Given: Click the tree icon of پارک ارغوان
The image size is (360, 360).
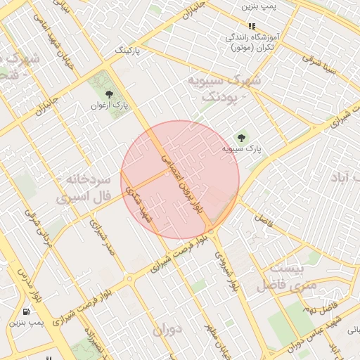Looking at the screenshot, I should [x=108, y=94].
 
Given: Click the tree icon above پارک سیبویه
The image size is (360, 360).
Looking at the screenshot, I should [x=242, y=138].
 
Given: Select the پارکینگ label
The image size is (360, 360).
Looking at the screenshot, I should [x=128, y=51].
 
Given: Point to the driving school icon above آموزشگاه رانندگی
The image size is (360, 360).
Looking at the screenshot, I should [x=252, y=27].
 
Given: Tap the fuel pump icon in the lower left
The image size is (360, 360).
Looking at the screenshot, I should [x=27, y=311].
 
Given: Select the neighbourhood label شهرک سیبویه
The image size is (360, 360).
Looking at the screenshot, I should [x=224, y=89].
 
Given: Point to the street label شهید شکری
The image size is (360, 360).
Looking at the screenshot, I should [x=139, y=203].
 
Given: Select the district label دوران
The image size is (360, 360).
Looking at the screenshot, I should [x=167, y=328].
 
